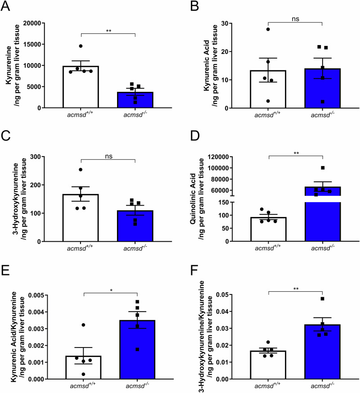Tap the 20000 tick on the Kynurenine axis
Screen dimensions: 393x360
point(30,23)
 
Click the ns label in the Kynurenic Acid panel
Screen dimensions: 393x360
point(295,19)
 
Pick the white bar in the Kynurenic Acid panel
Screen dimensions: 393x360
point(268,89)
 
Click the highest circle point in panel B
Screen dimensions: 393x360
point(268,29)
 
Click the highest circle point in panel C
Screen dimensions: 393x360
point(81,170)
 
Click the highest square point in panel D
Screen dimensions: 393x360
point(323,168)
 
